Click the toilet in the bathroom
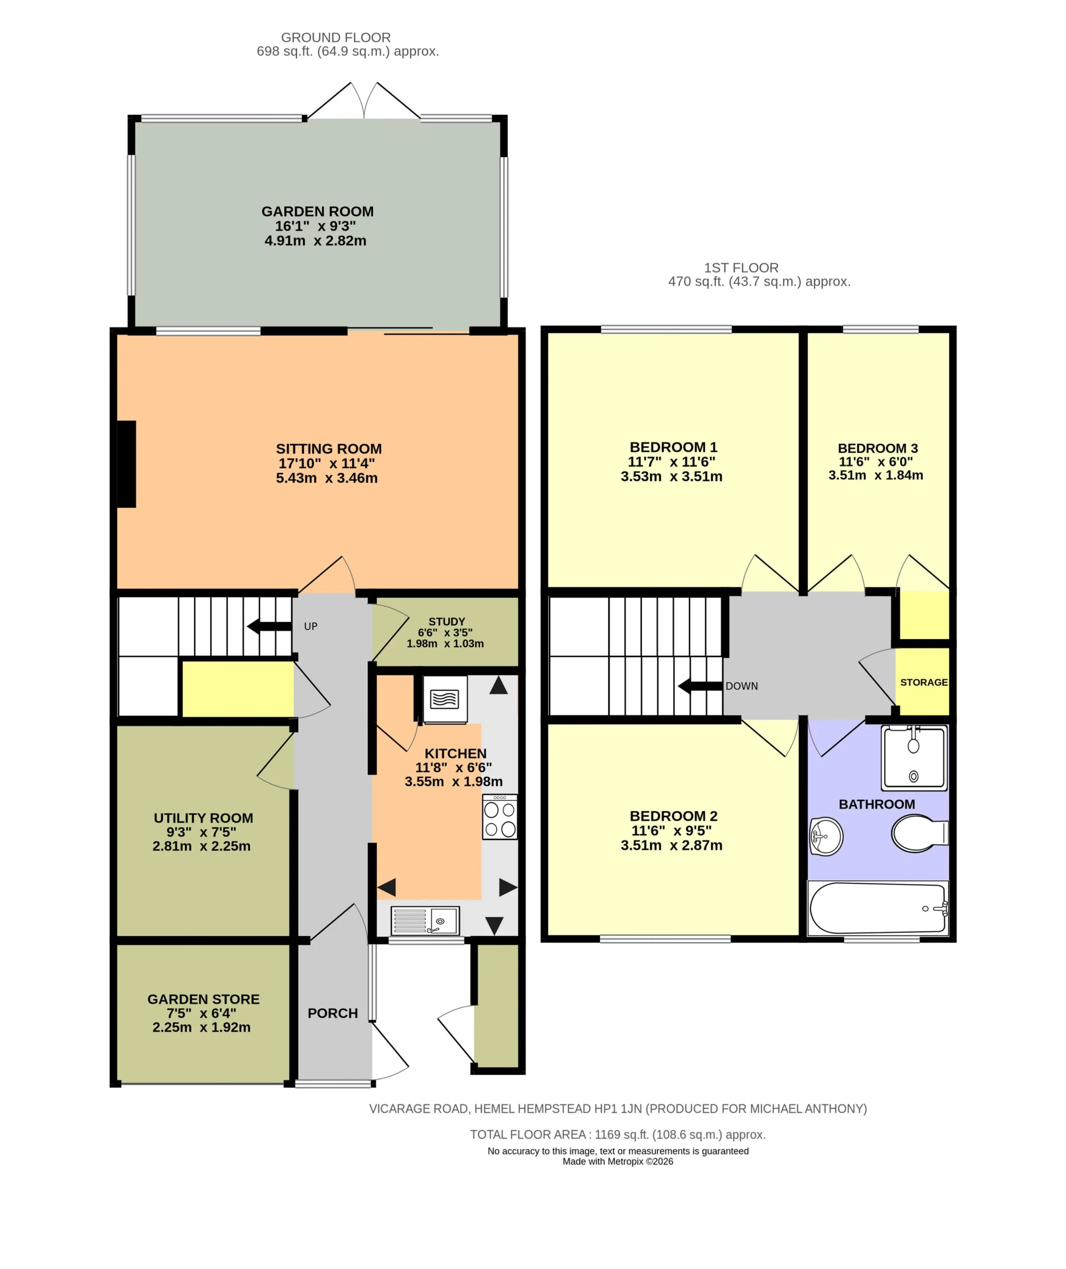coord(919,833)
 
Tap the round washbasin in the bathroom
coord(826,836)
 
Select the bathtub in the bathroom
coord(878,908)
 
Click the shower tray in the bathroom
coord(914,758)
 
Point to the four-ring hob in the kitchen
coord(500,817)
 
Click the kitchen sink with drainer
coord(425,921)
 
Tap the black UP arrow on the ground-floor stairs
coord(270,627)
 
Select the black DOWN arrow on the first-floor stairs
coord(701,686)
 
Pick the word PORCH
coord(332,1013)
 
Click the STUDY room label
coord(447,621)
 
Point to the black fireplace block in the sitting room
coord(126,464)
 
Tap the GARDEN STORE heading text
coord(204,999)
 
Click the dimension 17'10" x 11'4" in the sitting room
coord(326,463)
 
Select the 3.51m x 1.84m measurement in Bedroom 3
coord(876,475)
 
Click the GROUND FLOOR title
coord(336,38)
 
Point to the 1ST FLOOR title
coord(741,268)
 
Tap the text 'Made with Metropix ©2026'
coord(618,1161)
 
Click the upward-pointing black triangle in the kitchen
coord(499,685)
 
